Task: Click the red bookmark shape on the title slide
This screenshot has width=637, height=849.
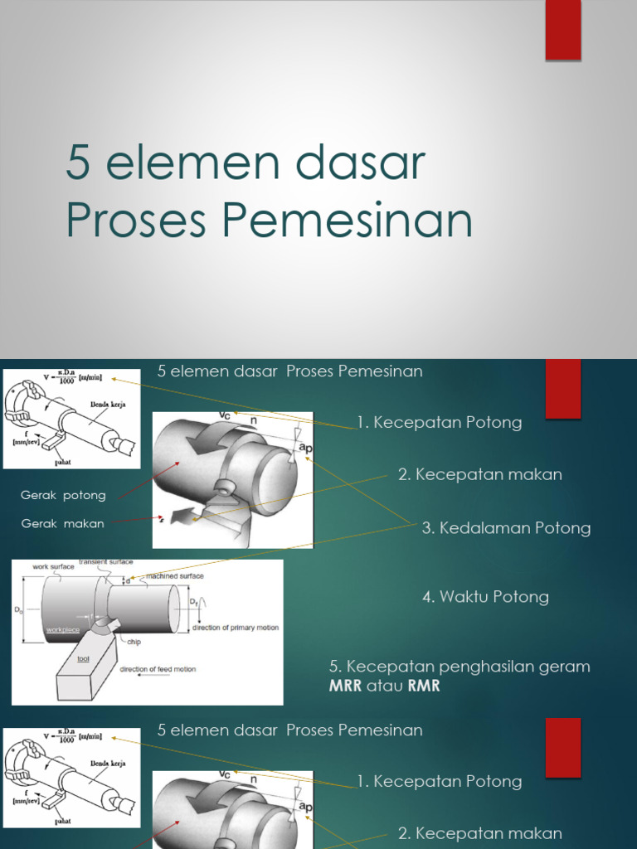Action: point(562,30)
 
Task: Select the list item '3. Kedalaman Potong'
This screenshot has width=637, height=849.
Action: point(506,528)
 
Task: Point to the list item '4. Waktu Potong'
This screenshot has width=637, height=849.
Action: point(485,597)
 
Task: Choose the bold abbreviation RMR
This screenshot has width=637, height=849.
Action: point(423,686)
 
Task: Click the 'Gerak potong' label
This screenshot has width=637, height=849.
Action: point(63,496)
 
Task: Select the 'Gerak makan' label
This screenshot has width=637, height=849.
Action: point(63,524)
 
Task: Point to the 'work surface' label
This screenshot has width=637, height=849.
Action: point(53,567)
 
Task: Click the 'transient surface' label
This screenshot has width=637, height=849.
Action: point(105,562)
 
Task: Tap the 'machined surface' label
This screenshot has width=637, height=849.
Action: point(175,575)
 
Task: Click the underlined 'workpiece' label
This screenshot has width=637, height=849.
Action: point(63,630)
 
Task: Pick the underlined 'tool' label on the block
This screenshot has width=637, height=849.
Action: point(83,659)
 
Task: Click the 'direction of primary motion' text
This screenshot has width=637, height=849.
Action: point(236,628)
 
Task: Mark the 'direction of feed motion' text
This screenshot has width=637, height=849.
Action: point(158,669)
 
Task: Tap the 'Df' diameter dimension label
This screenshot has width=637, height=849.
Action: point(193,600)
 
